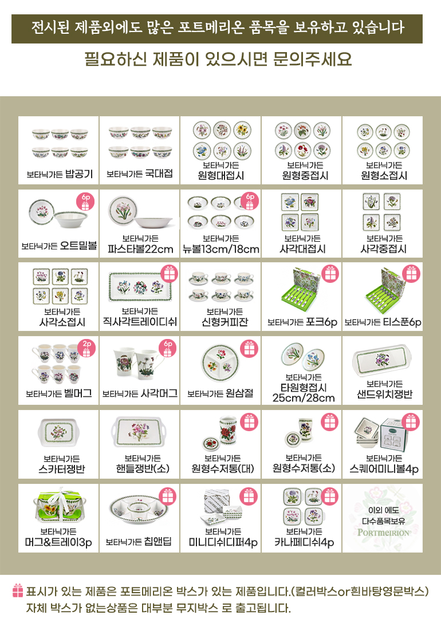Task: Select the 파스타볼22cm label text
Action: [x=140, y=249]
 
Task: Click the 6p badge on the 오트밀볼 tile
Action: [x=85, y=202]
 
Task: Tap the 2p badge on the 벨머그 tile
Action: [x=86, y=348]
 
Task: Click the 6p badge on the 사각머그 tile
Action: [x=168, y=348]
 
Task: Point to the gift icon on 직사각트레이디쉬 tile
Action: [x=169, y=274]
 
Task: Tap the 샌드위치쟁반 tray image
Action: [x=382, y=361]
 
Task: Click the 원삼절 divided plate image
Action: [x=220, y=363]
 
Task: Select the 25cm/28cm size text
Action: [x=304, y=398]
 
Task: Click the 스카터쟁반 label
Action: [x=62, y=469]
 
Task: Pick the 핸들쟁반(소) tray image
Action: [x=139, y=432]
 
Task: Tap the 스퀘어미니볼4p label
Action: [x=384, y=469]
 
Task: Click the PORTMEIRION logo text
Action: [x=383, y=533]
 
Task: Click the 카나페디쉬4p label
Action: [x=304, y=543]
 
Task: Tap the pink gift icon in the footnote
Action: [x=18, y=590]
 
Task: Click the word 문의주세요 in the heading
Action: [x=313, y=59]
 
